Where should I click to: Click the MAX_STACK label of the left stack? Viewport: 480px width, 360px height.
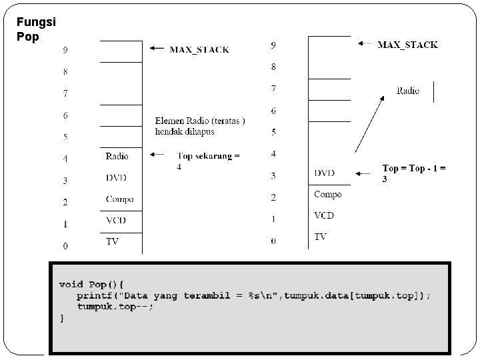[x=199, y=49]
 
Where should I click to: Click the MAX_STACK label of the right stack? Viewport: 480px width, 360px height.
[x=407, y=45]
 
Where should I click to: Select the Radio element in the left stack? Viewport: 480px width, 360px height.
[x=117, y=157]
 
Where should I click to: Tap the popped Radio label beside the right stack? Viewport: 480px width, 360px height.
[x=407, y=91]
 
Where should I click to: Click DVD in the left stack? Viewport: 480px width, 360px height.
[x=116, y=178]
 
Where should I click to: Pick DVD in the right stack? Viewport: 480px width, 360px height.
[x=325, y=173]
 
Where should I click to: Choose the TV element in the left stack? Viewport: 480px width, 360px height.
[x=112, y=241]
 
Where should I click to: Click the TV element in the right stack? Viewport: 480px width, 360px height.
[x=321, y=237]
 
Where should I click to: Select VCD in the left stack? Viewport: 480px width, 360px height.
[x=116, y=220]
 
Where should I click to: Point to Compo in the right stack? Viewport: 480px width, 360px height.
[x=327, y=195]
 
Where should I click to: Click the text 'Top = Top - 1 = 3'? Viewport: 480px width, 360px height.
[x=413, y=173]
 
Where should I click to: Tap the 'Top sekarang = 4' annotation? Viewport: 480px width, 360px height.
[x=207, y=161]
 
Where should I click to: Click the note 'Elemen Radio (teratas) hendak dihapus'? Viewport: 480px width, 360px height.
[x=199, y=126]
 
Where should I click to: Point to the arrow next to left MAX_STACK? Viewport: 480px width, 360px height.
[x=156, y=48]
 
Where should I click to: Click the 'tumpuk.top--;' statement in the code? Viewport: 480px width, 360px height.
[x=115, y=307]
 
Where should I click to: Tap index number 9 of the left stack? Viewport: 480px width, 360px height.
[x=65, y=50]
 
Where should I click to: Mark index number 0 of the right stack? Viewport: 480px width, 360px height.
[x=273, y=241]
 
